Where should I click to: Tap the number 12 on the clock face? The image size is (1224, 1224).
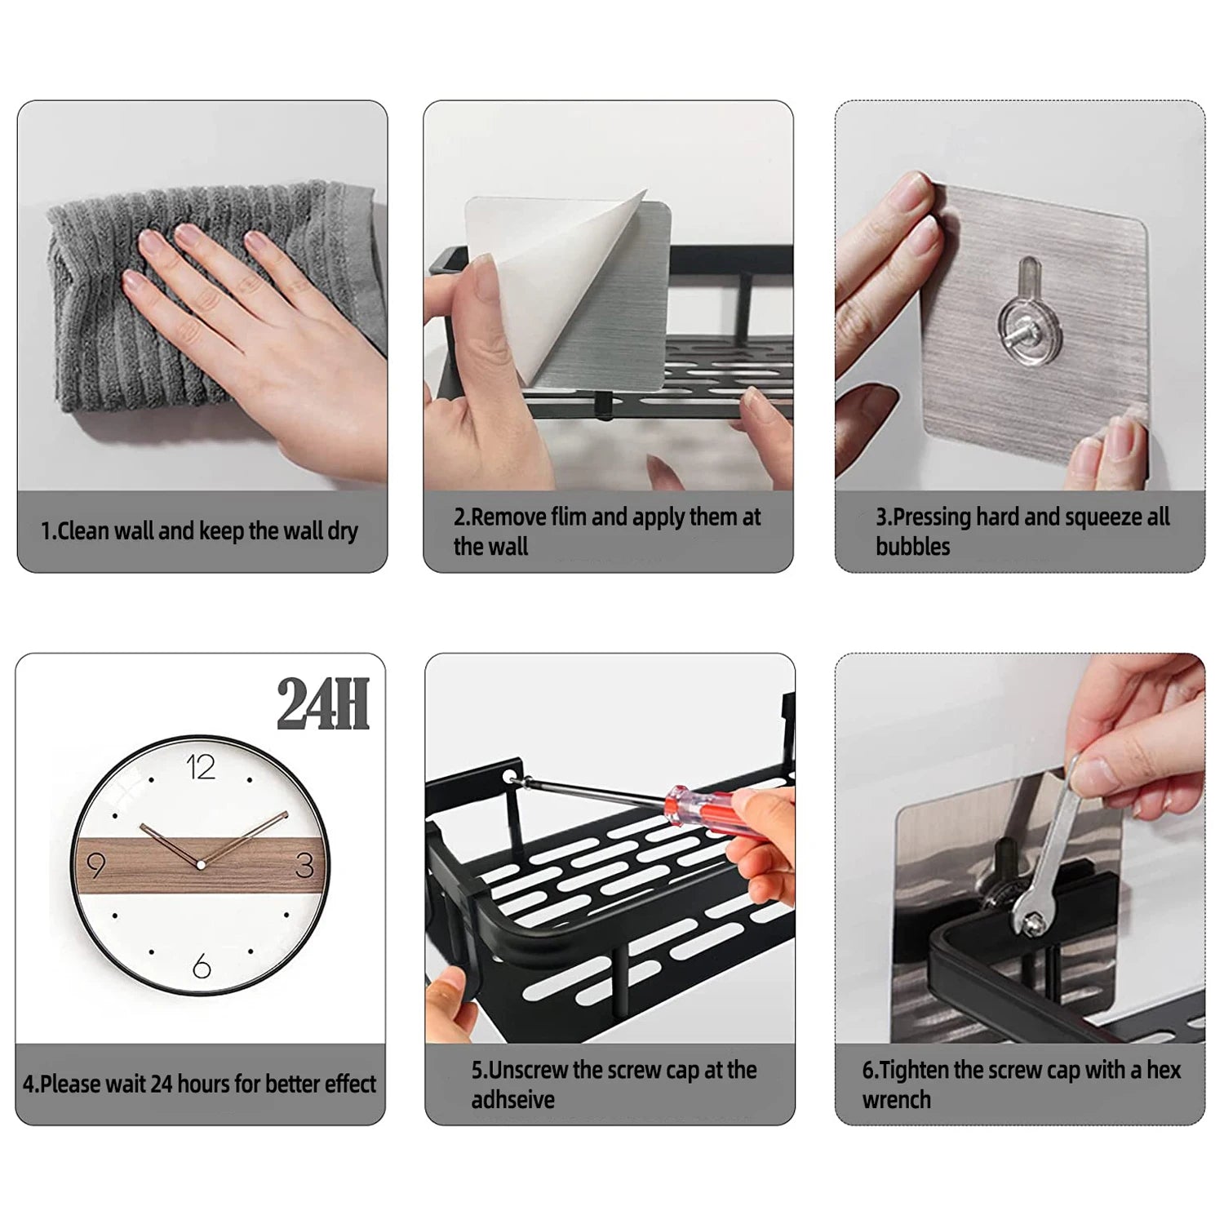[201, 768]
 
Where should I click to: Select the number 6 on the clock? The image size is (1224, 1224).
[202, 967]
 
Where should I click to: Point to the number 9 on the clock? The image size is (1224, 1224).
[95, 866]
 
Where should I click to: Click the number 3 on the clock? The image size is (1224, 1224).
[304, 866]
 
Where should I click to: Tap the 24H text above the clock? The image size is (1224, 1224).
[323, 704]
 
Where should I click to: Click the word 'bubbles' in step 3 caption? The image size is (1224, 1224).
[912, 546]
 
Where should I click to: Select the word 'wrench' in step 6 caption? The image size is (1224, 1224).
[896, 1099]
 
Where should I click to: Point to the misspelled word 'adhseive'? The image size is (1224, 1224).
[512, 1099]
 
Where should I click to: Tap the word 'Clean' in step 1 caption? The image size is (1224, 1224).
[82, 531]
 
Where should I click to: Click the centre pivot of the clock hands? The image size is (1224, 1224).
[200, 864]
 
